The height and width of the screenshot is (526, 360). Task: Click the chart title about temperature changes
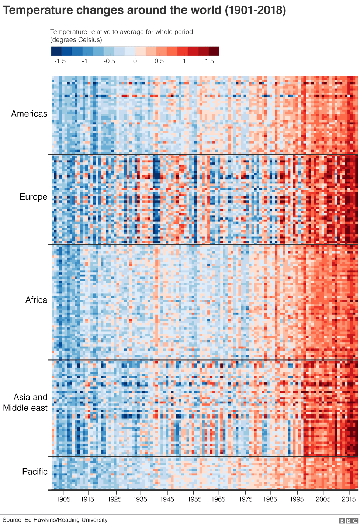click(x=144, y=10)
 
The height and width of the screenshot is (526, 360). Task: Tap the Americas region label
click(x=29, y=114)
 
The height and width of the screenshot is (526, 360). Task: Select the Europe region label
click(x=33, y=197)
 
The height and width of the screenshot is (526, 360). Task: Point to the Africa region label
click(x=36, y=300)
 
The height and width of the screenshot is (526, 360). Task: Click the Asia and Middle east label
click(x=25, y=402)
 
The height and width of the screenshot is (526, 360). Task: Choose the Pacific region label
click(x=35, y=472)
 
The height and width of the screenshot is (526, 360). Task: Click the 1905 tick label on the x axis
click(x=63, y=499)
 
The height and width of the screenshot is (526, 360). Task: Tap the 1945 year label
click(x=167, y=499)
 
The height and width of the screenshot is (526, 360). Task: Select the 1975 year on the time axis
click(x=245, y=499)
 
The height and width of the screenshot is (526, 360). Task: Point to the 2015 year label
click(x=349, y=499)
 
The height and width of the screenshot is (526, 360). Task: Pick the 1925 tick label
click(x=114, y=499)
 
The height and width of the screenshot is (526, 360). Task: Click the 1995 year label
click(x=297, y=499)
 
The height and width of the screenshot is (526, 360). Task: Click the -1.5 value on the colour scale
click(x=60, y=61)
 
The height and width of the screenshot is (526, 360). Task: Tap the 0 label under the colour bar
click(x=135, y=61)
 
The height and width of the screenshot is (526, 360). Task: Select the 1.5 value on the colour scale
click(x=210, y=61)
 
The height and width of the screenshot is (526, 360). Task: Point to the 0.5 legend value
click(x=159, y=61)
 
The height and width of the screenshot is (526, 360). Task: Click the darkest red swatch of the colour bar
click(x=214, y=51)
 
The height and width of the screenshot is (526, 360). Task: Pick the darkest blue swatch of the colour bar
click(x=56, y=51)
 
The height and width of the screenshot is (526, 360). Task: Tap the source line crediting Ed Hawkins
click(x=55, y=520)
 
